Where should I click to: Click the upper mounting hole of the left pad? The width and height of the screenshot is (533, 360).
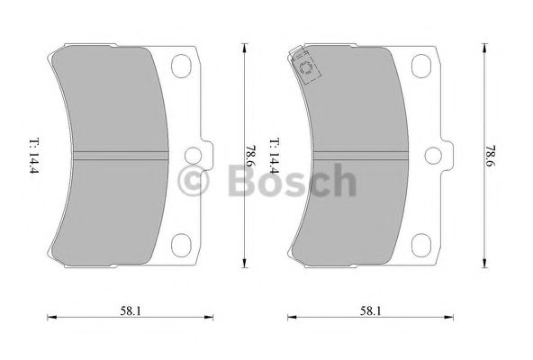tap(181, 66)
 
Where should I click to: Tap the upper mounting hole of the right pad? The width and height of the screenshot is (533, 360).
tap(422, 66)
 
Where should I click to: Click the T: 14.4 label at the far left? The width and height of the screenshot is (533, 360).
tap(33, 154)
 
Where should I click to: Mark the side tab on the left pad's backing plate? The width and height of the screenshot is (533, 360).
tap(206, 155)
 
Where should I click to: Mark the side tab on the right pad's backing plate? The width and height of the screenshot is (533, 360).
tap(447, 155)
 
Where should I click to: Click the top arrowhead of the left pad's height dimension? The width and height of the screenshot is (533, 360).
tap(244, 45)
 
